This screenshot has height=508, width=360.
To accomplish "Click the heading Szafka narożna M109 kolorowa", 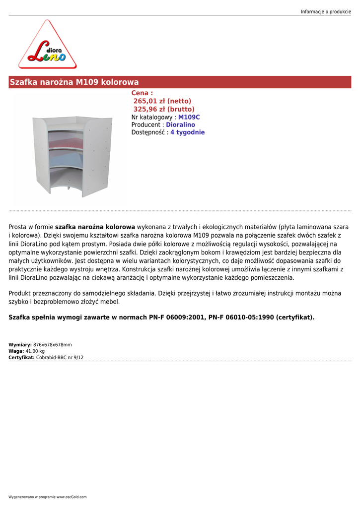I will click(74, 82).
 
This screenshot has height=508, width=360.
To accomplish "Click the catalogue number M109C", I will click(189, 117).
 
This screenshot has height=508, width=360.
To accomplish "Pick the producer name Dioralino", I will click(180, 125).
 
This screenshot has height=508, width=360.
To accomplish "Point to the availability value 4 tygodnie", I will click(187, 132).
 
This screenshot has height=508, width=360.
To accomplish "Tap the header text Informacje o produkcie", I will click(326, 11).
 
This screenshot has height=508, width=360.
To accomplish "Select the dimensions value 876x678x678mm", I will click(53, 345).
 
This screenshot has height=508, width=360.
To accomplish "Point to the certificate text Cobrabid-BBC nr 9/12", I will click(60, 357).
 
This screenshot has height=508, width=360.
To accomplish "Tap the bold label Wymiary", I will click(20, 345).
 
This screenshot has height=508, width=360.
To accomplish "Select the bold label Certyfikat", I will click(21, 357).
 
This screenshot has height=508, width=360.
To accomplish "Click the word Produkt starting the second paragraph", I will click(21, 294).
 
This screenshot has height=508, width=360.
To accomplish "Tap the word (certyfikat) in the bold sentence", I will click(295, 317).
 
